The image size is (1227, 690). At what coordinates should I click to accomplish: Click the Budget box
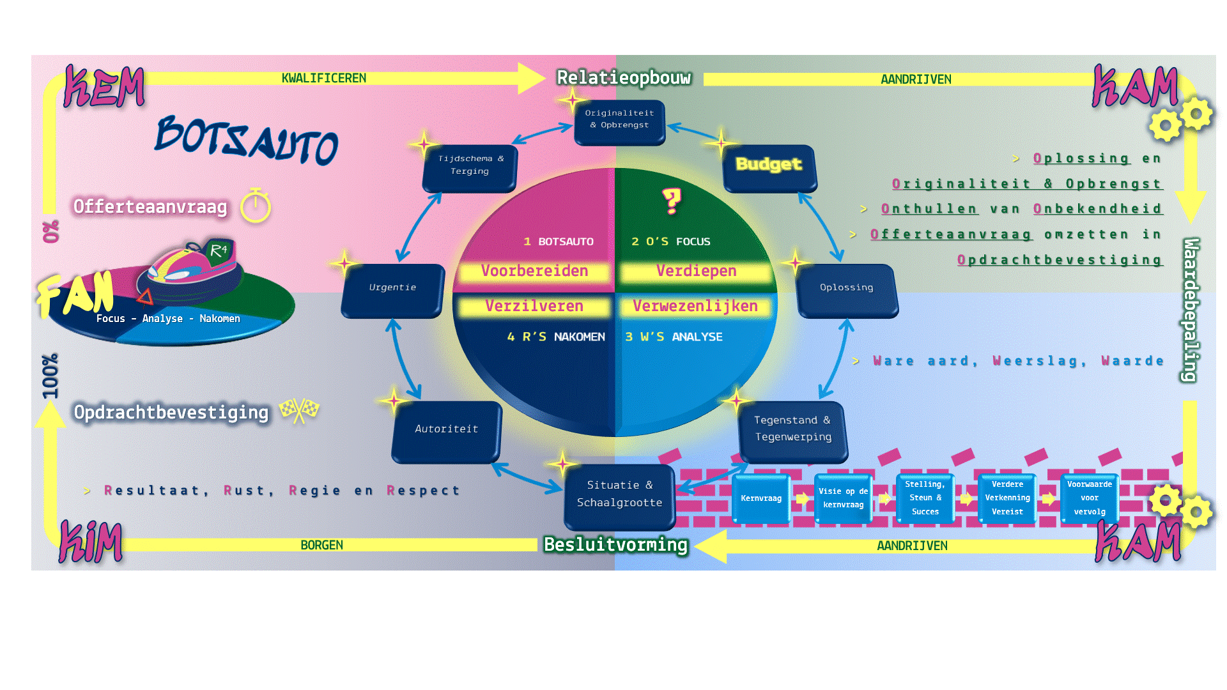click(x=769, y=167)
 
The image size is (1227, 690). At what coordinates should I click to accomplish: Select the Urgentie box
click(x=392, y=290)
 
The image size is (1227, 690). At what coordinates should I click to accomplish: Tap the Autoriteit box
click(x=447, y=431)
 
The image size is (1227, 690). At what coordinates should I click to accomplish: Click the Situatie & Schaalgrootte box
click(x=619, y=496)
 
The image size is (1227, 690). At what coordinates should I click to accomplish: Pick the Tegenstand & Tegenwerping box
click(x=792, y=430)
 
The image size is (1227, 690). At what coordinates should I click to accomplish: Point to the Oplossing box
click(x=847, y=289)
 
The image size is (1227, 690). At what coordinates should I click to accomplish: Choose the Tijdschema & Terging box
click(x=470, y=167)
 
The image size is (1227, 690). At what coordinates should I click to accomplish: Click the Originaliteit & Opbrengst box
click(x=619, y=121)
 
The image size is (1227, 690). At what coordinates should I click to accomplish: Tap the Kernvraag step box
click(x=761, y=499)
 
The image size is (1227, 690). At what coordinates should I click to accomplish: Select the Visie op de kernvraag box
click(x=843, y=499)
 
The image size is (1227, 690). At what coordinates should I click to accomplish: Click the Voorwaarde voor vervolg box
click(x=1090, y=499)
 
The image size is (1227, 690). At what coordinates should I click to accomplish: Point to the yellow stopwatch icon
click(x=256, y=206)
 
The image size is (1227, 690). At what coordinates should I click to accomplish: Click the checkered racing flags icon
click(x=299, y=410)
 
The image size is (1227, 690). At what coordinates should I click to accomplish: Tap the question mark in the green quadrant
click(x=672, y=201)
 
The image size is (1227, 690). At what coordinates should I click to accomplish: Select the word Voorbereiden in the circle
click(x=534, y=272)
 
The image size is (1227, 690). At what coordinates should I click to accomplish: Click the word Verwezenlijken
click(x=695, y=307)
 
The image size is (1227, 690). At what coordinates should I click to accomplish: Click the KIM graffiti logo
click(x=91, y=542)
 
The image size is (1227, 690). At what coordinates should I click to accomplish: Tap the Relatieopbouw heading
click(x=624, y=78)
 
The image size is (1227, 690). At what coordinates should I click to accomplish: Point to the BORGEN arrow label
click(x=321, y=546)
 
